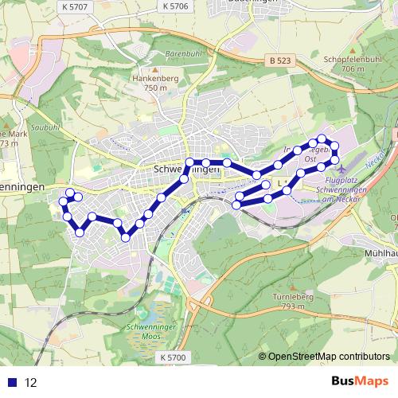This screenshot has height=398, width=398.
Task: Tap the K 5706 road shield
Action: click(x=174, y=6)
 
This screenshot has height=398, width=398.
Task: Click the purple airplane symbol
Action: click(x=342, y=168)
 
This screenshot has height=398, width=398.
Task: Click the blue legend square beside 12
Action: click(x=11, y=383)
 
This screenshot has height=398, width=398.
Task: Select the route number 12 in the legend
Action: click(x=31, y=383)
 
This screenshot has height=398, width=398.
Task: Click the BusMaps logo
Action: click(x=359, y=382)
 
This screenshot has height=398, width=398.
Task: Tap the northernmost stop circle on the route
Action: click(x=321, y=139)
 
